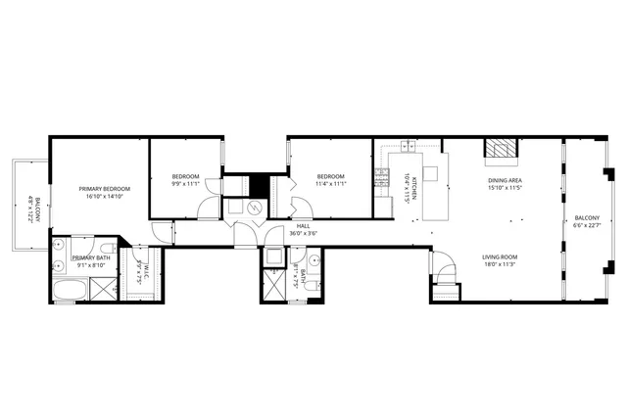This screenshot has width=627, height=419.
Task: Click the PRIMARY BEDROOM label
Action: (105, 188)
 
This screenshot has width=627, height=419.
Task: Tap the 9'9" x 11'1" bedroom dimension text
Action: (186, 184)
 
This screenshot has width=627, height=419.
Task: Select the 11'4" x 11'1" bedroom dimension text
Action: (330, 184)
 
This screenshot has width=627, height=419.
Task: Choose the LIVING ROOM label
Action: (500, 256)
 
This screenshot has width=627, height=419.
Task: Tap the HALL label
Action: (303, 225)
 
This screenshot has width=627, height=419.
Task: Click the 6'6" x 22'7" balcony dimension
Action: (587, 224)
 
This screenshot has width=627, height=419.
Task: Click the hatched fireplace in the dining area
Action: (500, 148)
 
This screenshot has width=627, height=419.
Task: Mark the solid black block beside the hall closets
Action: (260, 185)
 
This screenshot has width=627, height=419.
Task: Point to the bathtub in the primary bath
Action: (69, 290)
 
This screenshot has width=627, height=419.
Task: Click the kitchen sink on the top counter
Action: (408, 147)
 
